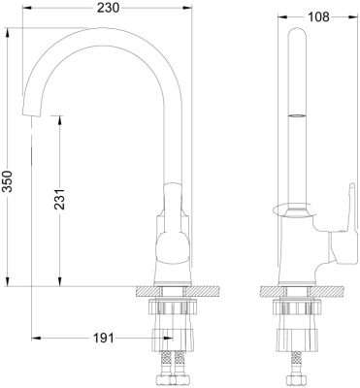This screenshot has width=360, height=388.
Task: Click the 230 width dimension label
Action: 109,8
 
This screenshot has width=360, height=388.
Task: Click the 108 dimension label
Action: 318,16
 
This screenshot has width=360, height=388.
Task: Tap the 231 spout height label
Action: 59,199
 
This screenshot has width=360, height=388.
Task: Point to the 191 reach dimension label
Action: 104,339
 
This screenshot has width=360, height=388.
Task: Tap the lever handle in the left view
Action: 173,223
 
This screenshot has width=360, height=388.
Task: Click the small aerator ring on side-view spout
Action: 297,115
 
